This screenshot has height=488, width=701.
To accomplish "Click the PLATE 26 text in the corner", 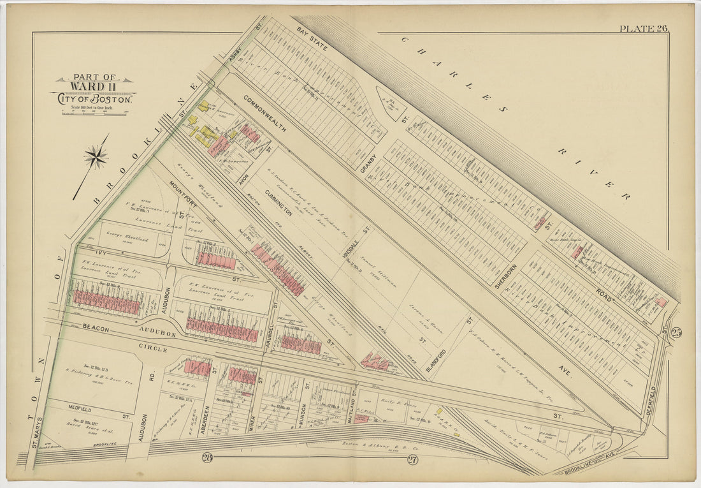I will point(643,27).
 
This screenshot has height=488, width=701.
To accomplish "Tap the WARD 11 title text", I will point(94,86).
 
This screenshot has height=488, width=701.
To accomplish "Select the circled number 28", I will point(207,457).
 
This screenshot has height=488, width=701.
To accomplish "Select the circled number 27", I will point(412,461).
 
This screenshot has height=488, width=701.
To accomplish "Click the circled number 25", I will point(676,332).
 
